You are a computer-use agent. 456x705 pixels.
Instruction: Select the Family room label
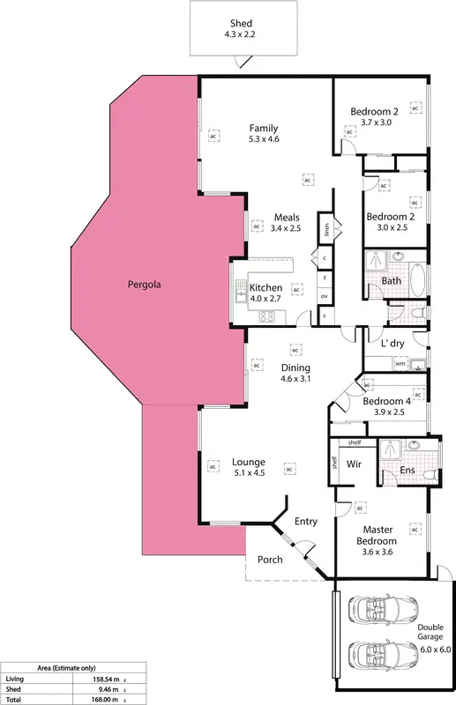264,128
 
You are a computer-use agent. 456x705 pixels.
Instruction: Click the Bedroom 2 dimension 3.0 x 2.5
388,228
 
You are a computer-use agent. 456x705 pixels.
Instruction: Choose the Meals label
287,217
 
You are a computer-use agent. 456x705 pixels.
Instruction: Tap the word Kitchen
265,288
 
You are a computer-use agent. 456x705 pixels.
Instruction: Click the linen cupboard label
325,231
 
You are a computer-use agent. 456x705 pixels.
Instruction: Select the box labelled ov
325,295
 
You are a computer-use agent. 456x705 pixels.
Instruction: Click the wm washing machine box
400,363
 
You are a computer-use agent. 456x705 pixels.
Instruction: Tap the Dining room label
296,367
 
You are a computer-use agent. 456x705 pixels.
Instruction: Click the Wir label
355,463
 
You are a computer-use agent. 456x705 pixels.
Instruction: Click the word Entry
306,522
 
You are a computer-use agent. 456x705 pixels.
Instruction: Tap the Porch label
270,560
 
